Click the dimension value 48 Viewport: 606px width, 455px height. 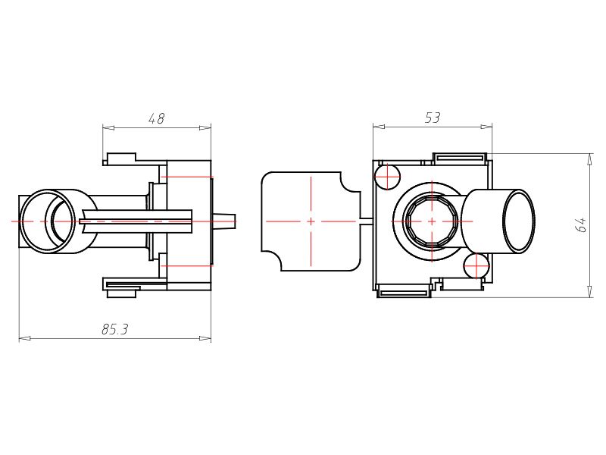pos(157,118)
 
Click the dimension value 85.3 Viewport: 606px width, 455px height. pos(115,329)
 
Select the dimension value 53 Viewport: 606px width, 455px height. pos(432,118)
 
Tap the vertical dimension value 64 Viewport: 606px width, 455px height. pos(581,224)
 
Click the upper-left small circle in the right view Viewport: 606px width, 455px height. pos(387,177)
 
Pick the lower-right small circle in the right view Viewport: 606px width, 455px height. pos(476,265)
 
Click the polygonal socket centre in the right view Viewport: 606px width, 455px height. pos(431,221)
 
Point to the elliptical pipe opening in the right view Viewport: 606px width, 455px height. pos(519,221)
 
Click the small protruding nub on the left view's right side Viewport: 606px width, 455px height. pos(225,221)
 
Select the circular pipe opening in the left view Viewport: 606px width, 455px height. pos(48,221)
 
